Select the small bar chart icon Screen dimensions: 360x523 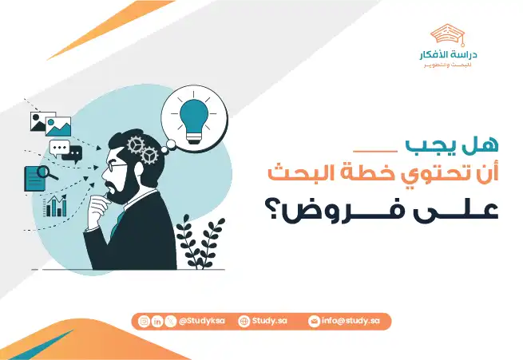pos(56,207)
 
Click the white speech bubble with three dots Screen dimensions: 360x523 pos(60,148)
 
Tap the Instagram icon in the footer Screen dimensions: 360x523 pos(144,320)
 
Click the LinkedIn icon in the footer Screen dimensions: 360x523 pos(157,320)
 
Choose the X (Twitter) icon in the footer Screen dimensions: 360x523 pos(171,320)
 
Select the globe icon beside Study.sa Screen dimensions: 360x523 pos(244,320)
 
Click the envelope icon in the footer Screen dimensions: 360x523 pos(315,320)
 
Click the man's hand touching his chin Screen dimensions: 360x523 pos(97,210)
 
